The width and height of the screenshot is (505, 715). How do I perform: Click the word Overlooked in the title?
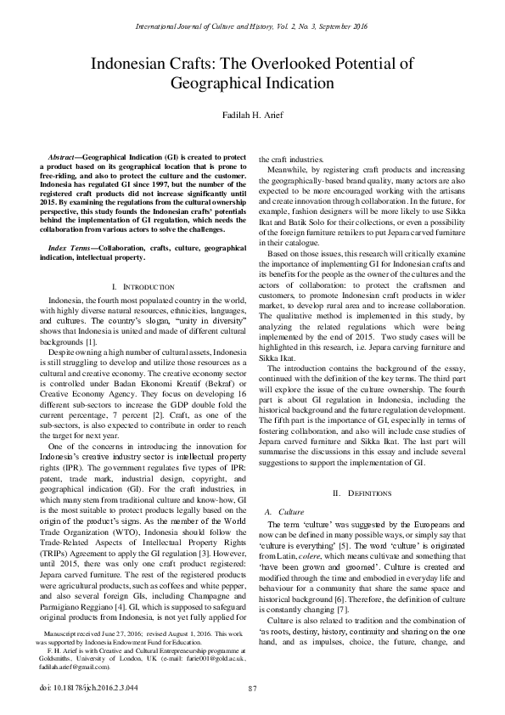(291, 64)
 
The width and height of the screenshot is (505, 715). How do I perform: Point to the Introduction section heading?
(141, 289)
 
